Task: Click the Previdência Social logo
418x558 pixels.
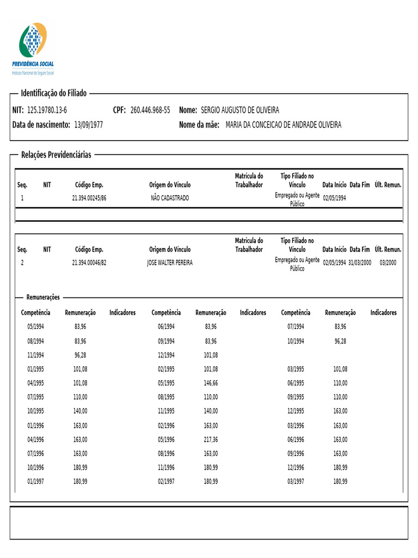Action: point(33,48)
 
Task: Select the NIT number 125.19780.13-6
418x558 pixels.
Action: point(47,110)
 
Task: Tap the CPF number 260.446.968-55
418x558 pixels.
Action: point(150,110)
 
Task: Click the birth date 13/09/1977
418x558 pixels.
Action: point(89,125)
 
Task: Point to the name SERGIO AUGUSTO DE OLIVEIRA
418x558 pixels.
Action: point(240,110)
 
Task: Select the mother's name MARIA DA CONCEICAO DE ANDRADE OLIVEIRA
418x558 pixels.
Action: point(284,125)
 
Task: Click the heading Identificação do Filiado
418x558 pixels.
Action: point(54,93)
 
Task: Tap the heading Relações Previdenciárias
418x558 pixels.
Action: point(56,155)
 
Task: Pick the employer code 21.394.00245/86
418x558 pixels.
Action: point(89,198)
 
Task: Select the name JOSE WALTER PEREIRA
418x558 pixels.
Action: point(170,263)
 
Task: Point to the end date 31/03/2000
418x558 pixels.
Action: point(360,263)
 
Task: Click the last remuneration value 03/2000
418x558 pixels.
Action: point(388,263)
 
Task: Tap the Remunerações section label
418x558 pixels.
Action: point(44,297)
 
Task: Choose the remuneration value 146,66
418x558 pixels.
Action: point(211,383)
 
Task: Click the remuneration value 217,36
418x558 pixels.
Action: point(211,440)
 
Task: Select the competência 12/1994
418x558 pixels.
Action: point(166,355)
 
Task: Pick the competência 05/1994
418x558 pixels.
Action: point(36,327)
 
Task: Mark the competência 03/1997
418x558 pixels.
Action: point(296,482)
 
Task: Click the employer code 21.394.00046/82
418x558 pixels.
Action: point(89,263)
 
